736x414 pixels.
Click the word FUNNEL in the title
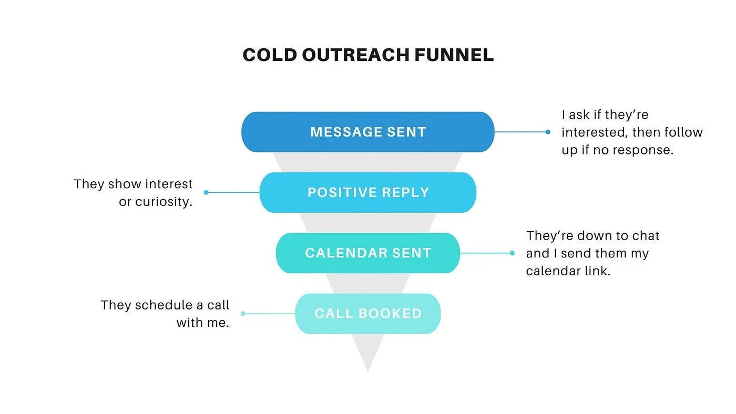click(x=454, y=55)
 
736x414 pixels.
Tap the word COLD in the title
click(x=270, y=55)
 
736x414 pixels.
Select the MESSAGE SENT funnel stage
click(x=367, y=132)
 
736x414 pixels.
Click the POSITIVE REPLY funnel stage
click(x=367, y=192)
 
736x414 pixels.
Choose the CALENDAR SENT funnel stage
click(x=367, y=253)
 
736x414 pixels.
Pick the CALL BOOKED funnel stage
click(x=367, y=314)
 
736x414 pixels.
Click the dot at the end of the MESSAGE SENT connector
click(x=548, y=132)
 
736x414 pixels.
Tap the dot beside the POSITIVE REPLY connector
click(x=206, y=192)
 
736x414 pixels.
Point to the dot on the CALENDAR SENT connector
click(x=512, y=253)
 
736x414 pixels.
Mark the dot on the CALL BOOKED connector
click(x=243, y=314)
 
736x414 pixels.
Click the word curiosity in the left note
click(x=163, y=202)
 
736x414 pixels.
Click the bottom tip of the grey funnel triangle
click(x=367, y=371)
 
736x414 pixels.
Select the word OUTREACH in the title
click(x=356, y=55)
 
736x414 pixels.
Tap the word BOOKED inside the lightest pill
click(x=390, y=314)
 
